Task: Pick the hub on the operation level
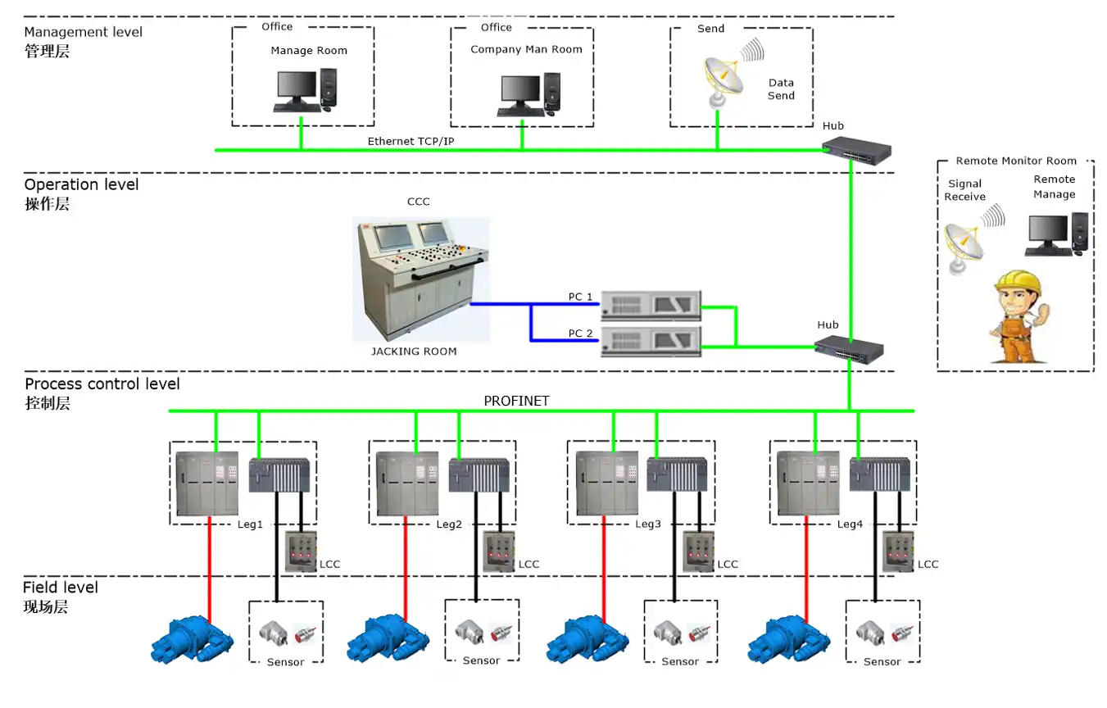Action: (x=849, y=348)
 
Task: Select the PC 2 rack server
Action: (x=651, y=341)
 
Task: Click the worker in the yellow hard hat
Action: (x=1019, y=316)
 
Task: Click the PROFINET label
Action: (x=516, y=401)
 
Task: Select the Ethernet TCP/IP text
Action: (x=411, y=141)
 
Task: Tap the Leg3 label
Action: (x=647, y=524)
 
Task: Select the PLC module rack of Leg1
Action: (x=279, y=475)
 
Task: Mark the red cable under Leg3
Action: (x=605, y=565)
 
